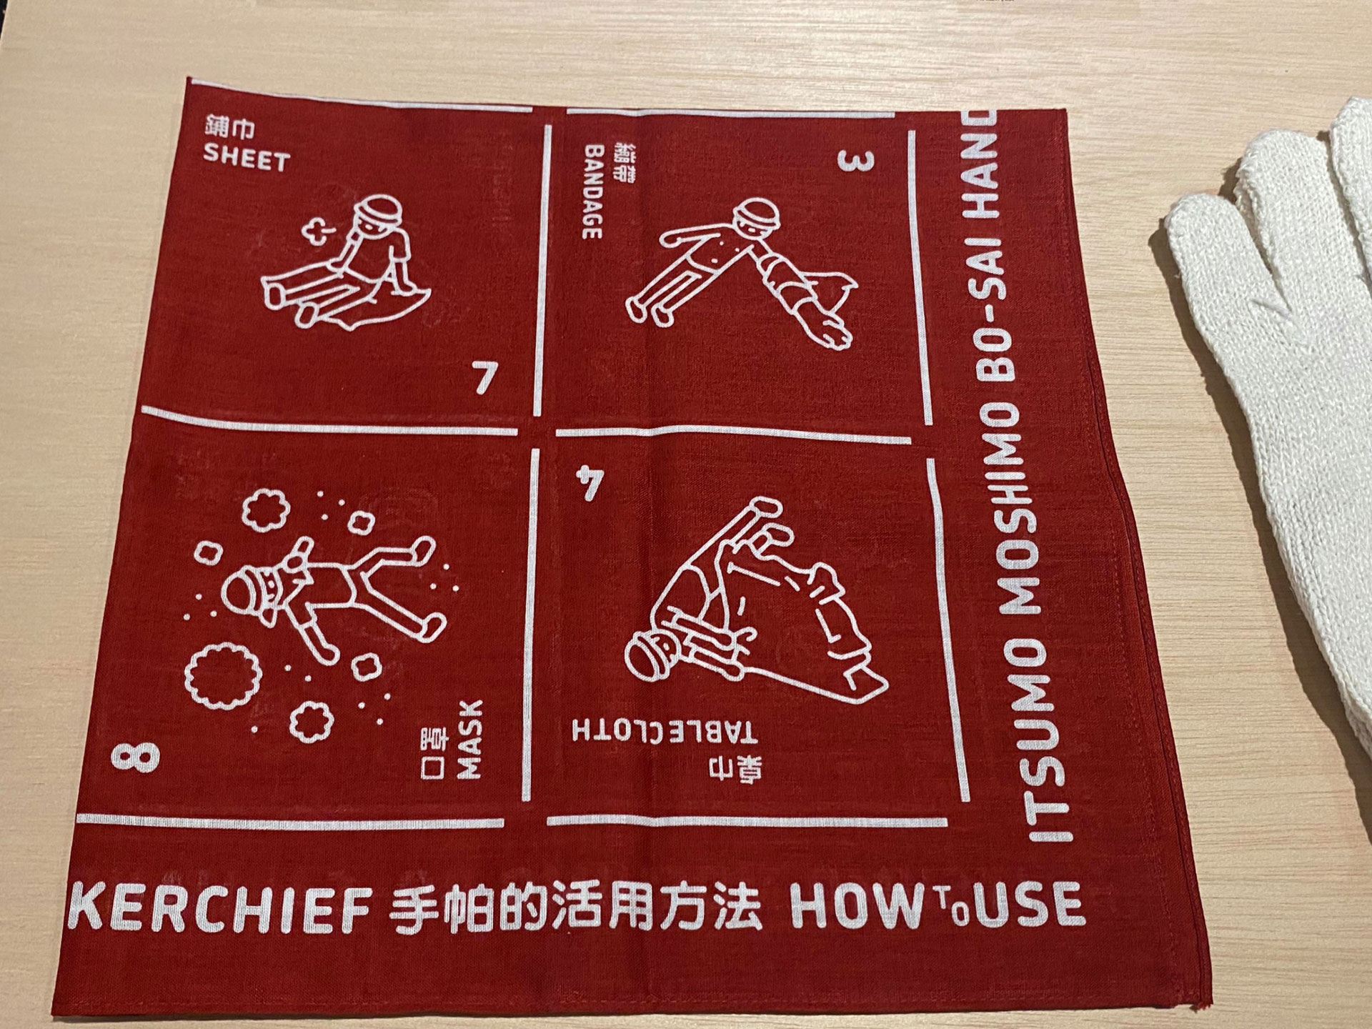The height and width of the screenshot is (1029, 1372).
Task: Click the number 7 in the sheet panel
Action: tap(484, 377)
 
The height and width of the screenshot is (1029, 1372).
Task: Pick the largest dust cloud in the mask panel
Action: tap(223, 670)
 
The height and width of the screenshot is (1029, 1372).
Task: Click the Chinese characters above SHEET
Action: tap(229, 130)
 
